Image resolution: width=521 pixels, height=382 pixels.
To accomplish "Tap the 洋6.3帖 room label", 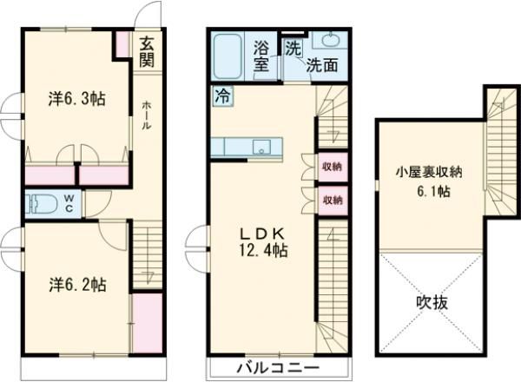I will click(x=77, y=99).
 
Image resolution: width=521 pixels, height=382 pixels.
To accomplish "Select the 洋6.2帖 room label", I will click(x=77, y=285).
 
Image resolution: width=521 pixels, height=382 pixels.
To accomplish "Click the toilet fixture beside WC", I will click(x=43, y=205).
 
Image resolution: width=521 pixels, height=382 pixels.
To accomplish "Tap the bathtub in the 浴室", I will click(x=228, y=56).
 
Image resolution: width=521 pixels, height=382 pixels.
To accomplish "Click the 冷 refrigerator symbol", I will click(x=222, y=96).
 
